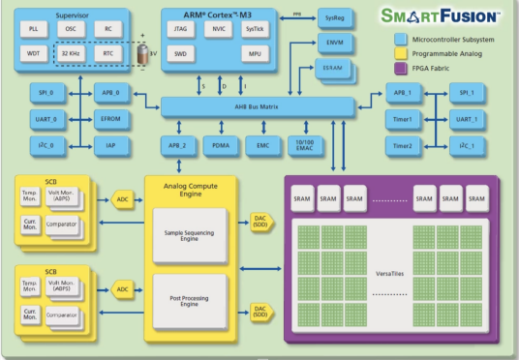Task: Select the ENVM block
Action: (333, 45)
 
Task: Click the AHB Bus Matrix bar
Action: (259, 105)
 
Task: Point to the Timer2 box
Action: (402, 145)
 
